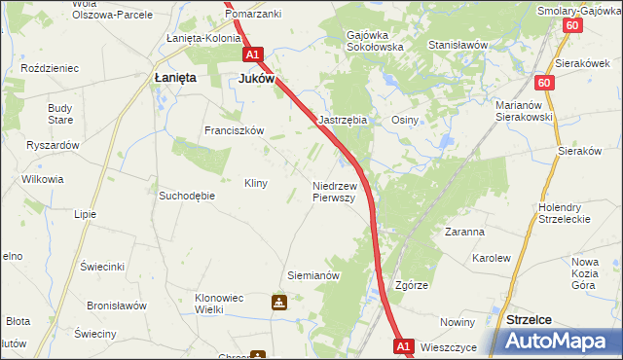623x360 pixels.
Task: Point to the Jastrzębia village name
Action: tap(344, 120)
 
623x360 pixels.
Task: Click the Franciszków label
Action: tap(234, 130)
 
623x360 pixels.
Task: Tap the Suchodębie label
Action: tap(187, 195)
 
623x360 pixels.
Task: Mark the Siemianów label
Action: tap(312, 275)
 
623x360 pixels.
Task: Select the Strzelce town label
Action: tap(530, 319)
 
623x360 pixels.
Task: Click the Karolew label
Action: tap(491, 259)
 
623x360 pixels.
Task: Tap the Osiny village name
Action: tap(405, 120)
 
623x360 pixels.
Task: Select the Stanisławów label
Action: tap(458, 45)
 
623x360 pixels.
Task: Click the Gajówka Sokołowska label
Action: tap(375, 40)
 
